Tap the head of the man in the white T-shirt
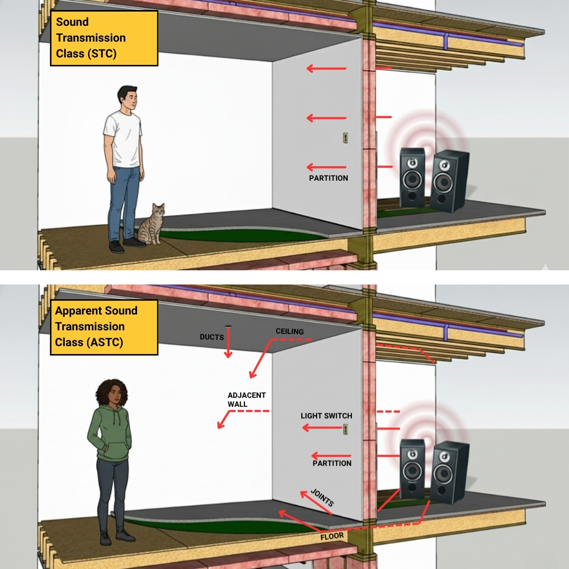pos(127,98)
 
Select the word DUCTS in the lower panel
pos(212,337)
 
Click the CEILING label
pos(290,331)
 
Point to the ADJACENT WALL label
pos(247,399)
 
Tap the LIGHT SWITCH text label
pos(326,416)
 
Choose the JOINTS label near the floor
pos(322,497)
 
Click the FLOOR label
pos(332,536)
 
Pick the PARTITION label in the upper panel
pos(328,178)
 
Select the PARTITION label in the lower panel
pos(332,464)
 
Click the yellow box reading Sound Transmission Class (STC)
pos(104,38)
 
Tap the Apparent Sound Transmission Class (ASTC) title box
pos(104,327)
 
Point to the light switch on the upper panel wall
pos(346,138)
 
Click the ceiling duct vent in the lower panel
pos(228,327)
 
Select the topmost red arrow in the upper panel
pos(326,68)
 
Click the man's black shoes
pos(127,244)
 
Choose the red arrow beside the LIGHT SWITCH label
pos(322,428)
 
